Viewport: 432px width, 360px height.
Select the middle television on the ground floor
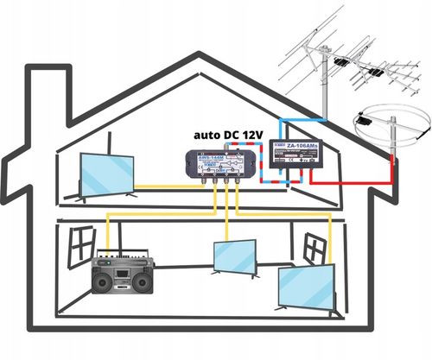point(236,257)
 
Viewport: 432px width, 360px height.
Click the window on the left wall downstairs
point(82,243)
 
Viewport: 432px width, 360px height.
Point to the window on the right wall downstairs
point(320,247)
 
